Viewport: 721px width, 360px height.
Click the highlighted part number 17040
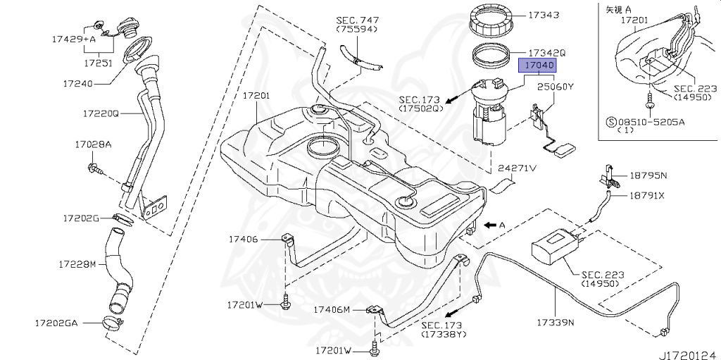(x=538, y=66)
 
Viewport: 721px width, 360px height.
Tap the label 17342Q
(x=547, y=53)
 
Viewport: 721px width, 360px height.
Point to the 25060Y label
(x=556, y=87)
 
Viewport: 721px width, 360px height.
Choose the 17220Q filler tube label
(x=101, y=113)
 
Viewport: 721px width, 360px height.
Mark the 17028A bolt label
(x=93, y=144)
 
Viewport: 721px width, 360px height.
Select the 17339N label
(x=556, y=323)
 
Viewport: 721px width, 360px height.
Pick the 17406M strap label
(x=332, y=310)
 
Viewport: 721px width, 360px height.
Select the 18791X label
(x=647, y=196)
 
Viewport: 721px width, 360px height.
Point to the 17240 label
(x=77, y=83)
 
